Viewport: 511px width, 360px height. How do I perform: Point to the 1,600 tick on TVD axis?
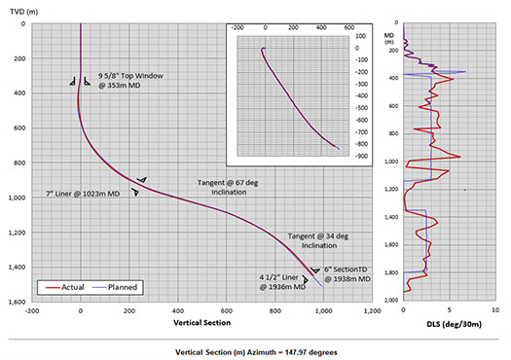(x=17, y=303)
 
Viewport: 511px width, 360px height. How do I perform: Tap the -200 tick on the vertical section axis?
(x=33, y=312)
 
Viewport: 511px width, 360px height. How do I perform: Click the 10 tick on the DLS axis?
(x=496, y=310)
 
